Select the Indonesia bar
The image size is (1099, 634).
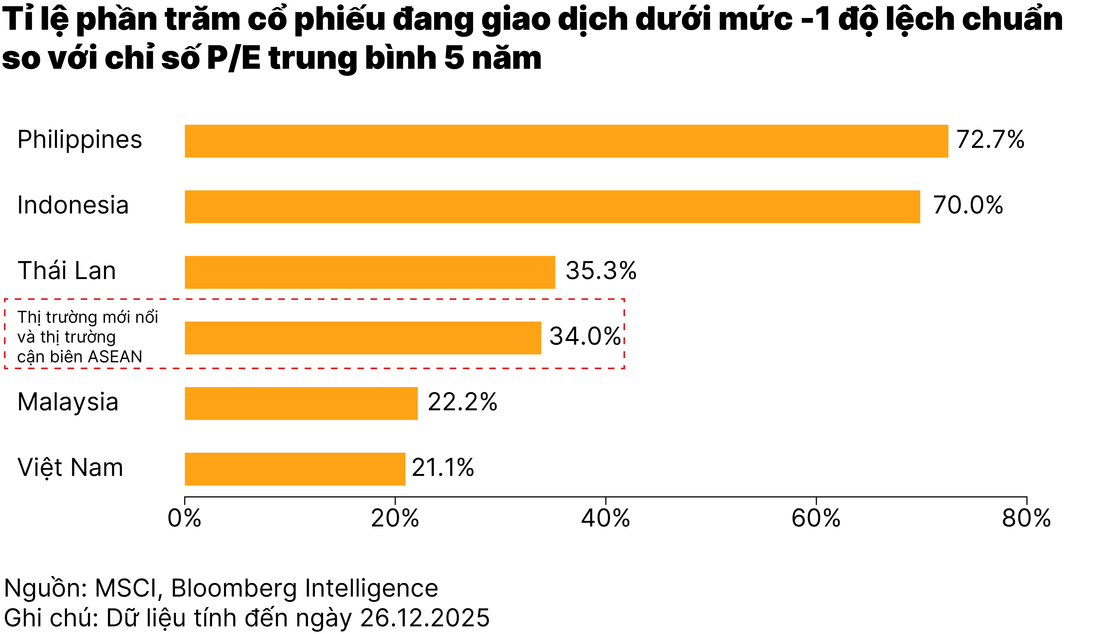(552, 207)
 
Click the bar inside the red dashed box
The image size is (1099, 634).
(363, 338)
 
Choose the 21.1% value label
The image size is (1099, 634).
(443, 468)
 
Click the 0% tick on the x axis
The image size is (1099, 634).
(184, 518)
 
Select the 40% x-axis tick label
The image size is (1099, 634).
(605, 518)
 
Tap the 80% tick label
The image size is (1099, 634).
(1026, 518)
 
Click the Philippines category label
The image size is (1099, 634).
(80, 140)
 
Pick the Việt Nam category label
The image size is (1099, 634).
(70, 468)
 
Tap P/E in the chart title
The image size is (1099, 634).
(233, 58)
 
